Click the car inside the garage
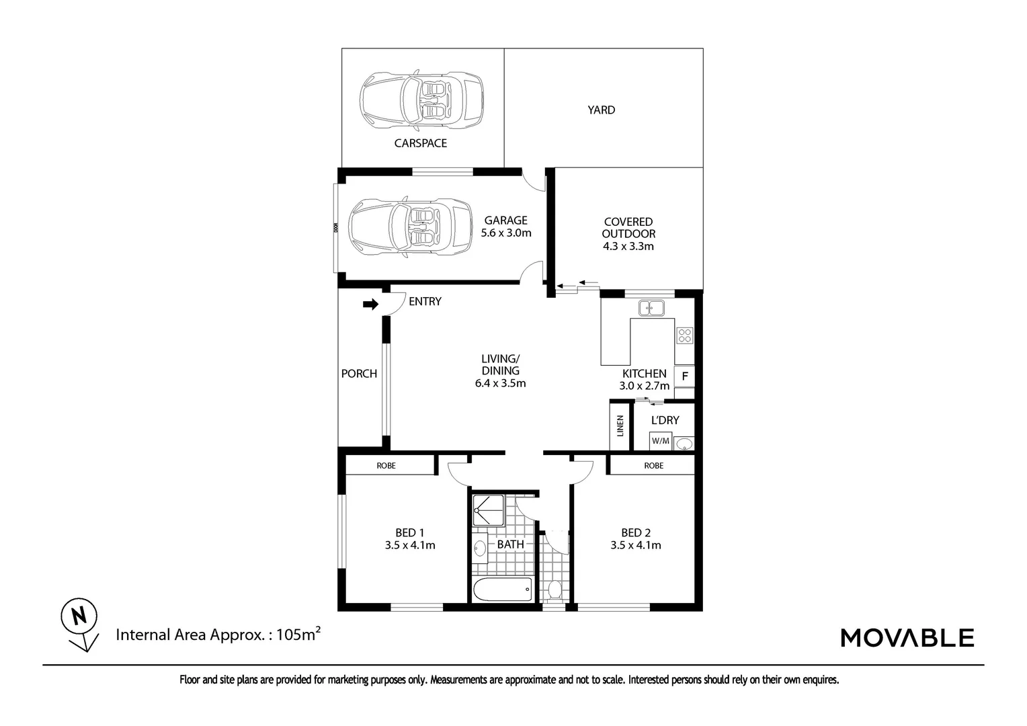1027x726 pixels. coord(410,227)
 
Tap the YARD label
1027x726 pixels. coord(601,110)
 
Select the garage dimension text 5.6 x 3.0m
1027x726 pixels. coord(506,233)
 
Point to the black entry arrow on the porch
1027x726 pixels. coord(370,305)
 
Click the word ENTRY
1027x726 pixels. coord(425,302)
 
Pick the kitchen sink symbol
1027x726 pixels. coord(651,308)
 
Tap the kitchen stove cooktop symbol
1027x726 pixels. coord(684,335)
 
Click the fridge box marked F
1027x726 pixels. coord(684,376)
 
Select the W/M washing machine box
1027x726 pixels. coord(661,442)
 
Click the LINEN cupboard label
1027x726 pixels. coord(620,426)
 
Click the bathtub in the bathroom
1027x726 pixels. coord(503,590)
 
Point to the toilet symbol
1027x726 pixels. coord(554,590)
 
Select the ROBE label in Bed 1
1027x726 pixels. coord(386,465)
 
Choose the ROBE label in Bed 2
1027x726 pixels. coord(653,465)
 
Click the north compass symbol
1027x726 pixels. coord(79,617)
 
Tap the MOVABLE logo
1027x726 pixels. coord(907,637)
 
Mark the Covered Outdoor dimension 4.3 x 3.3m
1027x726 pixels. coord(628,246)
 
